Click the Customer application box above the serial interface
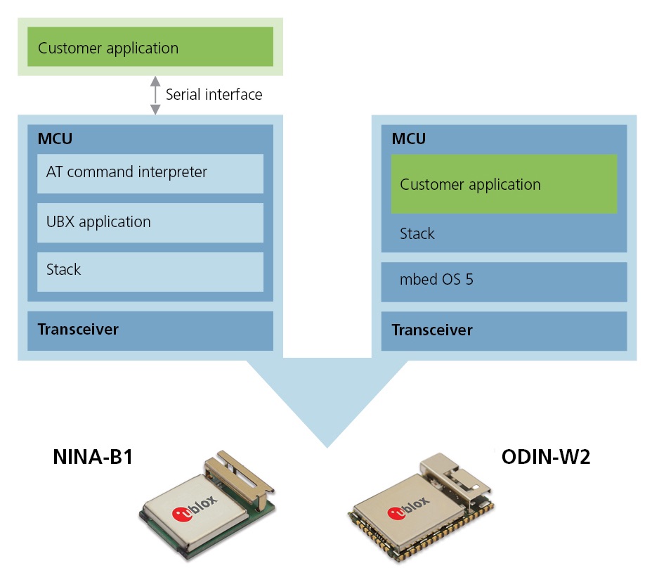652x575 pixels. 150,47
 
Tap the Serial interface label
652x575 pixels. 214,94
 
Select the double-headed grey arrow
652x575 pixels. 155,95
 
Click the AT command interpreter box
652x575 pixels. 150,173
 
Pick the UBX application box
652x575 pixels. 150,222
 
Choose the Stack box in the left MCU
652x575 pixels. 150,271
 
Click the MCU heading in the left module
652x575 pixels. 55,138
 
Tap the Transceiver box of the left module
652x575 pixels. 150,330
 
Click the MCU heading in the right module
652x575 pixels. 409,138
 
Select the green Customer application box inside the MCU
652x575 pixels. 504,184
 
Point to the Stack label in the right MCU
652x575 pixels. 417,234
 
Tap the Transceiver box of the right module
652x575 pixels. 504,330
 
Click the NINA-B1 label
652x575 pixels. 93,458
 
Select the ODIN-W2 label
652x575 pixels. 545,458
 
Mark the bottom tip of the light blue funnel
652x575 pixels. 327,446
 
